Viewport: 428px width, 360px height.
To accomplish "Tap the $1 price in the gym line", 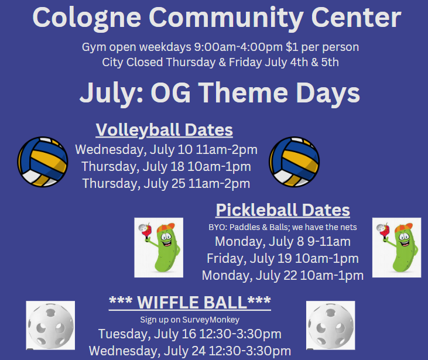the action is click(x=292, y=47).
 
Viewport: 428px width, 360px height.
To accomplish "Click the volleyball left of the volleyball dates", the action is click(x=43, y=162).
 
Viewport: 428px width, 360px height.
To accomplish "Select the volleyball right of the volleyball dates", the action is click(x=295, y=162).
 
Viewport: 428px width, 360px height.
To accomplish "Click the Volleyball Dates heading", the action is click(x=165, y=130).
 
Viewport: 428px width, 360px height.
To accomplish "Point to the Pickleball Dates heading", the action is click(x=283, y=210).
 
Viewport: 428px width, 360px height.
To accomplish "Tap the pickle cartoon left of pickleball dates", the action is click(x=159, y=248).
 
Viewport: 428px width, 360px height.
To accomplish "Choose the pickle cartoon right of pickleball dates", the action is click(x=396, y=248).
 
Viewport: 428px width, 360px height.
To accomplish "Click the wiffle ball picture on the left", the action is click(x=50, y=325).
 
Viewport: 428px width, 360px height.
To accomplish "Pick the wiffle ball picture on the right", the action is click(x=331, y=325).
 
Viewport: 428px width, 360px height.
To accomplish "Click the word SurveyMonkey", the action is click(x=211, y=320).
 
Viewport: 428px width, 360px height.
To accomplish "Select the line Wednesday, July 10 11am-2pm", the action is click(x=166, y=150).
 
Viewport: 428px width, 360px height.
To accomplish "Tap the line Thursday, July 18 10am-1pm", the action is click(x=166, y=166).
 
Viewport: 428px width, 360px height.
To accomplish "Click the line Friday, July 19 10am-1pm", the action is click(x=283, y=259).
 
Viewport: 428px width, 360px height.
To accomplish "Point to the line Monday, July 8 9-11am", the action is click(x=283, y=242).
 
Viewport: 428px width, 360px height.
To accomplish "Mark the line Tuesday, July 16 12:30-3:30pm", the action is click(x=190, y=334).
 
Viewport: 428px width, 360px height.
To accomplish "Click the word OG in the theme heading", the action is click(x=170, y=93).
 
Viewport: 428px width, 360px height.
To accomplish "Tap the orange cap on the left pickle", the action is click(x=166, y=227).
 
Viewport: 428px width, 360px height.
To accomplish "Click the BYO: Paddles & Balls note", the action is click(x=283, y=227).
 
